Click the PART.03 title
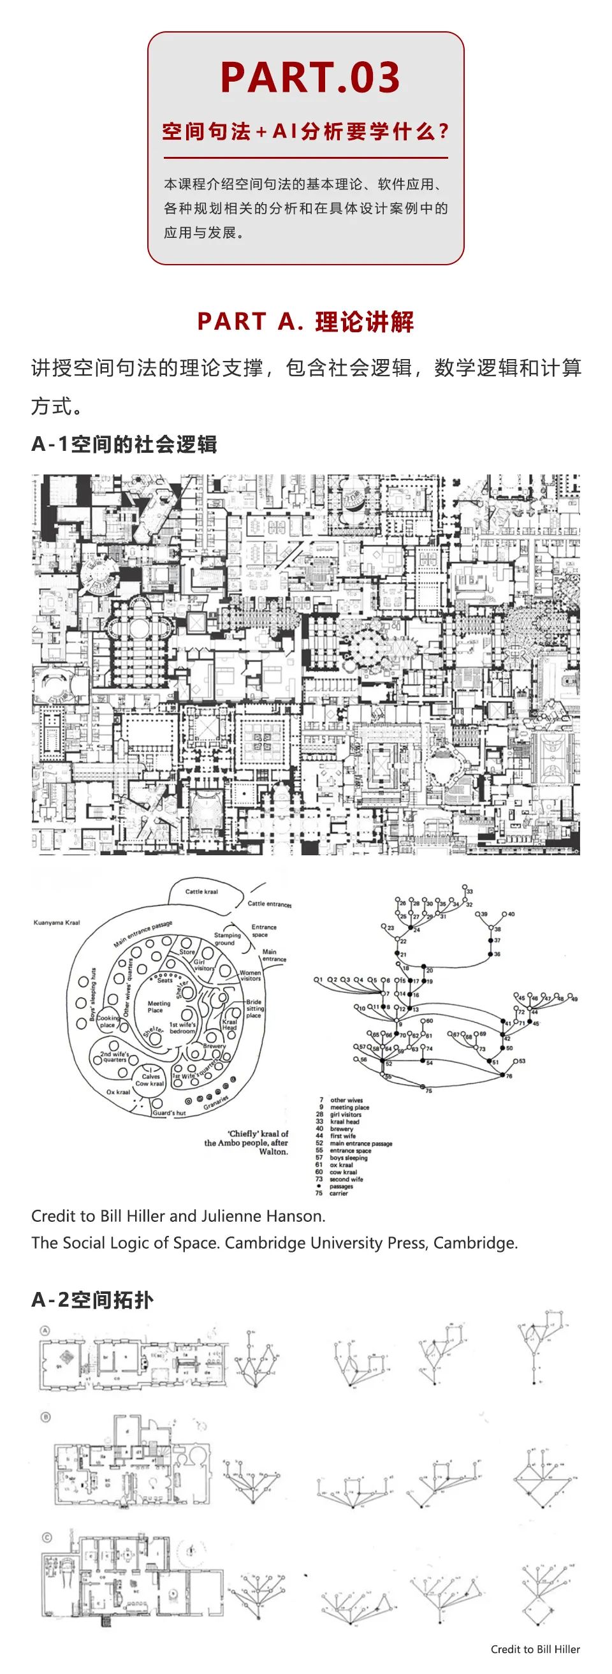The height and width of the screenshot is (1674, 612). coord(310,77)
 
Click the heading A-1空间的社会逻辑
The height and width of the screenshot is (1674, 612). coord(124,444)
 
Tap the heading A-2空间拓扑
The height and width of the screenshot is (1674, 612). coord(92,1300)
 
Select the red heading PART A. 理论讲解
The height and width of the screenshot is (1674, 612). coord(305,321)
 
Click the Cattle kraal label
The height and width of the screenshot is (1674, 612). coord(201,892)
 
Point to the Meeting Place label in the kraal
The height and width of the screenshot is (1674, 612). coord(159,1006)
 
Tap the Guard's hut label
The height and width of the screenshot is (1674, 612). coord(169,1113)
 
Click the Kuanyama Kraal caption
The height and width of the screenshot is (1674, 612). coord(57,922)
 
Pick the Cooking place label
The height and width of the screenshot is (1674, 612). coord(108,1022)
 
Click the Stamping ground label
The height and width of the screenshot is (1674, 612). coord(227,938)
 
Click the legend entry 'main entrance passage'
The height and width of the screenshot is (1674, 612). coord(361,1143)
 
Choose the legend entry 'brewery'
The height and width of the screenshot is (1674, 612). coord(341,1129)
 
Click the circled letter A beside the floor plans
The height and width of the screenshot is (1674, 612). coord(45,1330)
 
